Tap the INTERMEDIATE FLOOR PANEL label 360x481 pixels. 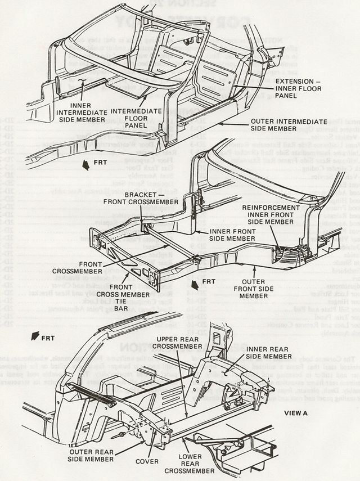(137, 116)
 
